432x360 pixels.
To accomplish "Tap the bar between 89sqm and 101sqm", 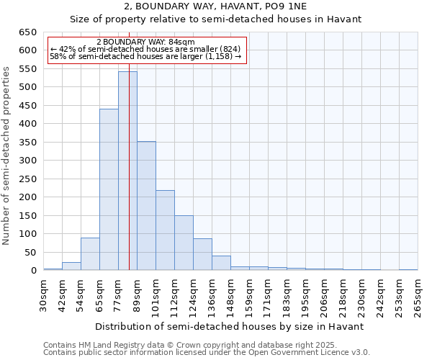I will click(146, 205).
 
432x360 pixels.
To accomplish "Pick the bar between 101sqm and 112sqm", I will click(165, 230).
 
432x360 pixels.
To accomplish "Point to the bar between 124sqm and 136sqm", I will click(202, 254).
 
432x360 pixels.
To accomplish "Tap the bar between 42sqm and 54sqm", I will click(71, 266).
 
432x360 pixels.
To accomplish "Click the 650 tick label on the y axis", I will click(27, 32).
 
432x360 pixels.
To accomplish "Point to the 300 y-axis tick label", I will click(27, 161).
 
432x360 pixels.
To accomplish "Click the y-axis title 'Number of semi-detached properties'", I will click(7, 156).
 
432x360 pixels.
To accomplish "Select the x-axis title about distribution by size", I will click(230, 326).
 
